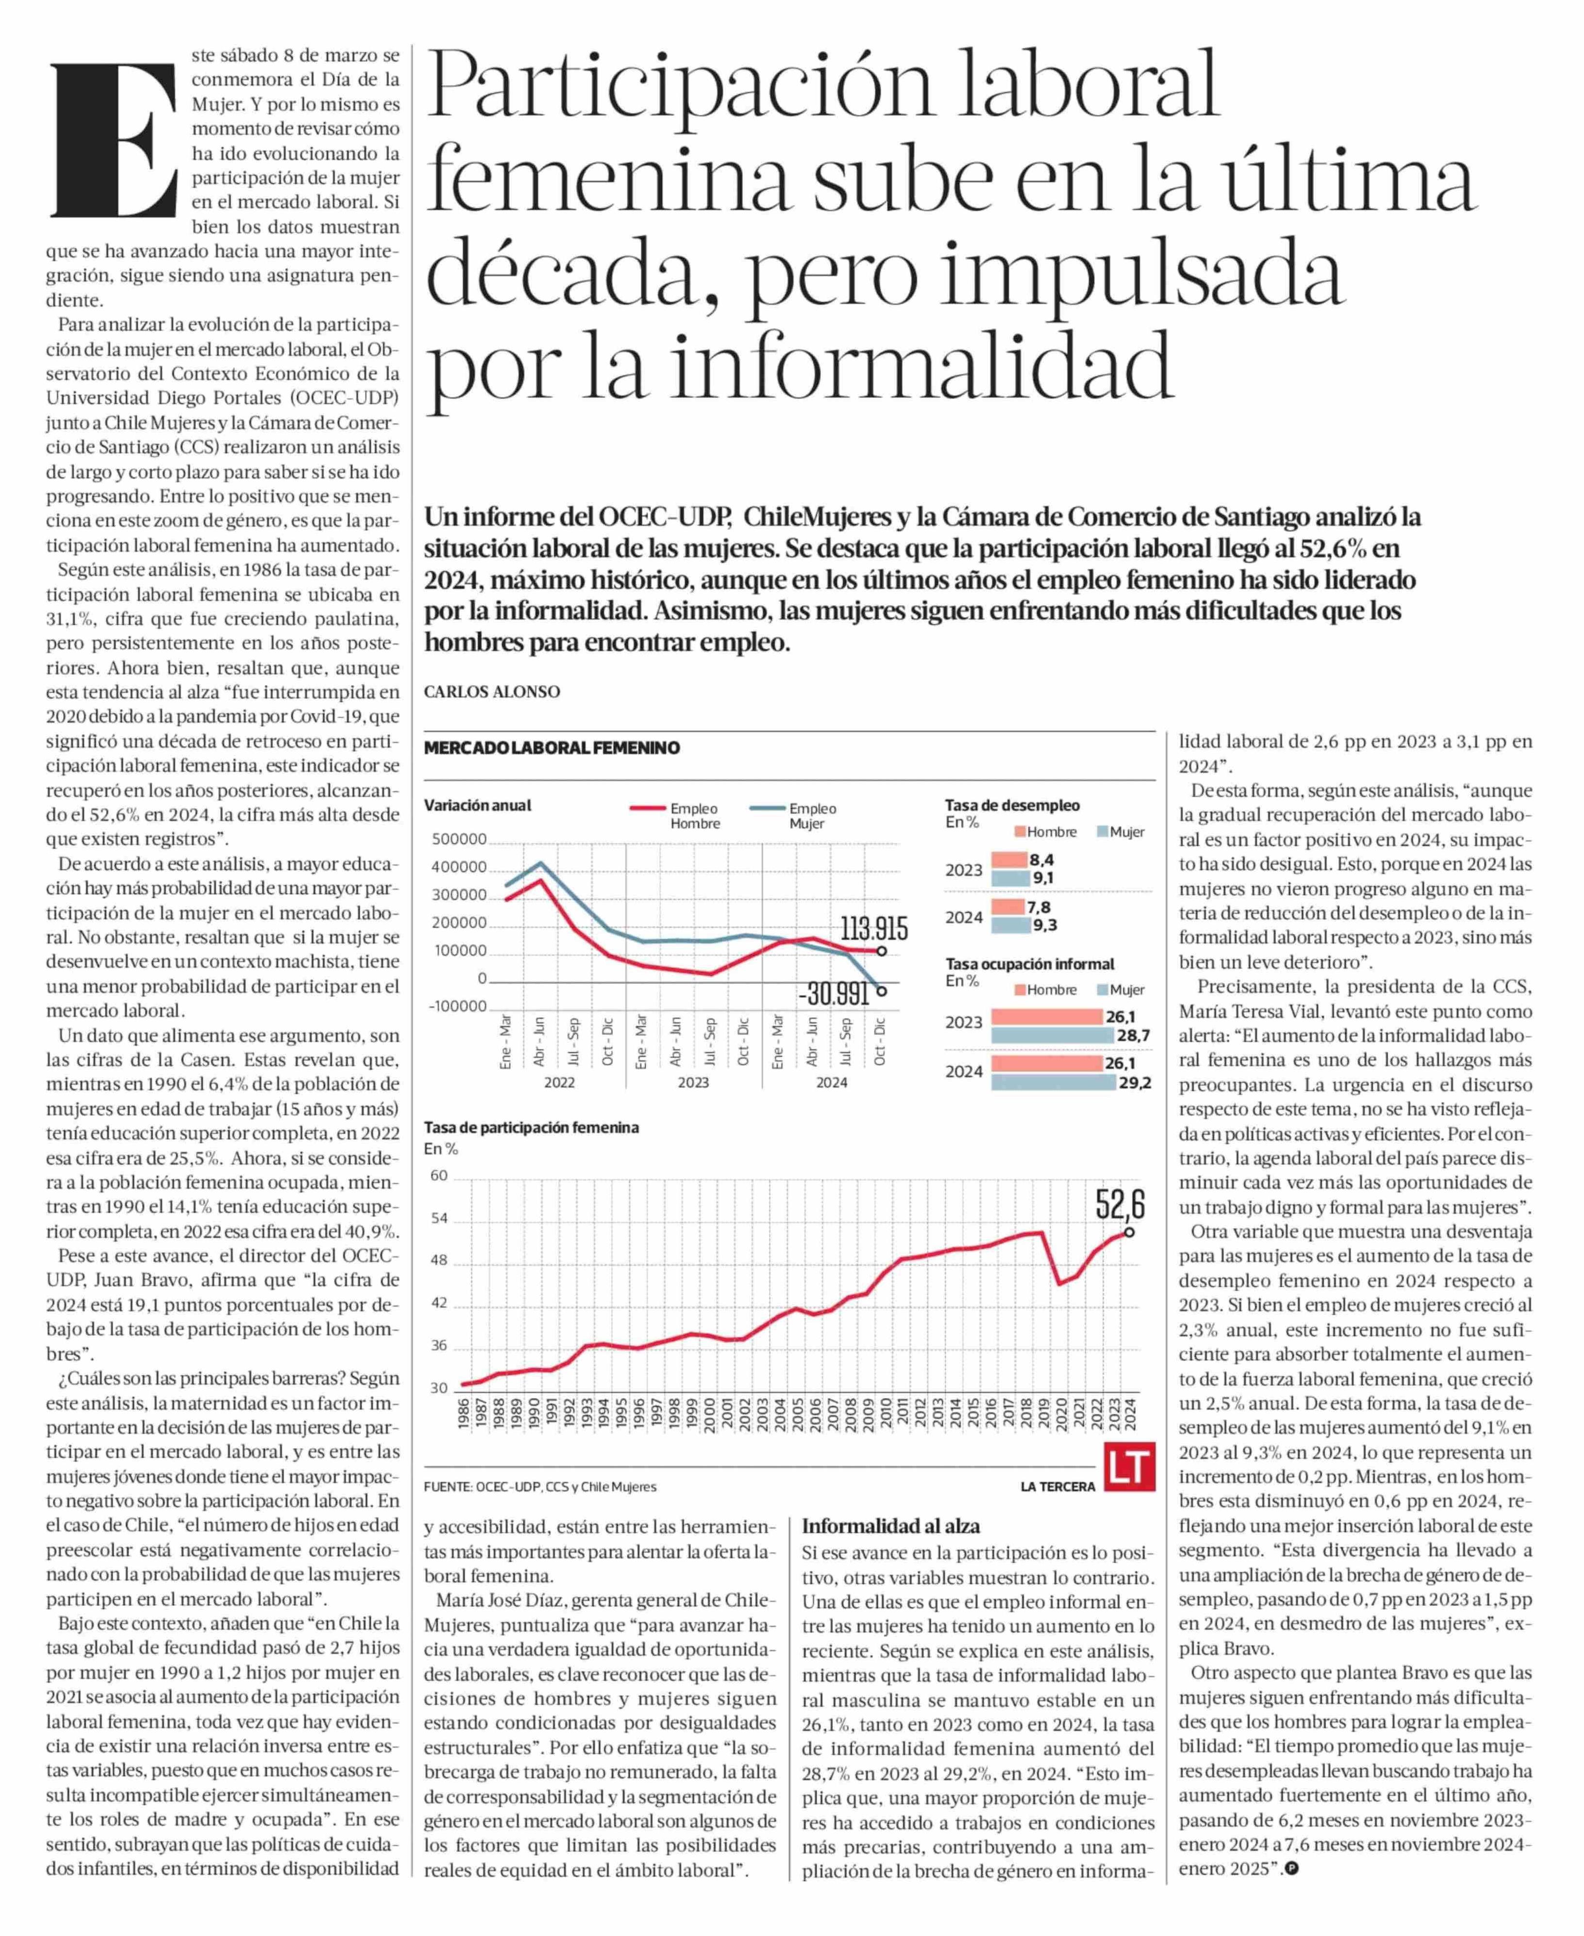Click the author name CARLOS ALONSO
point(492,691)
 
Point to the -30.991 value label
point(834,993)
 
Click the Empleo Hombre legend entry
point(675,816)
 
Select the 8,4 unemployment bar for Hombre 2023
point(1009,859)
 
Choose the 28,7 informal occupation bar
point(1052,1036)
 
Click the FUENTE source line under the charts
point(540,1486)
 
